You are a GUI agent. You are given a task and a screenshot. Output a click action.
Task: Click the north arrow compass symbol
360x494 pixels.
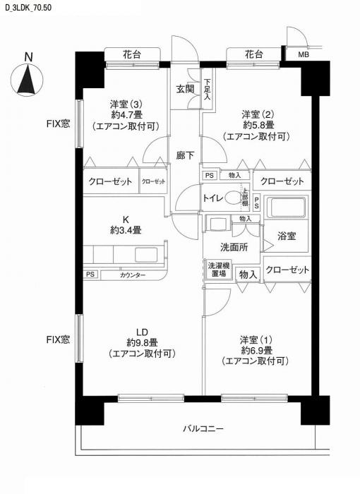(27, 80)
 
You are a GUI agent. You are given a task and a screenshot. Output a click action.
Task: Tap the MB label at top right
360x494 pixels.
(302, 54)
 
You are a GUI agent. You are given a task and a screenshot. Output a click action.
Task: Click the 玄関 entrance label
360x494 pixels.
(185, 89)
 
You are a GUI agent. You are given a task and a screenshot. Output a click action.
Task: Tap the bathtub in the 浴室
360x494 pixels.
(288, 208)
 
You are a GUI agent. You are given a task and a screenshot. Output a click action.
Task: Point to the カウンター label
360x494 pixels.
(132, 275)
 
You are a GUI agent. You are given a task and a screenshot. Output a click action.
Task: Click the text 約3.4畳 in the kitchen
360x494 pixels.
(126, 230)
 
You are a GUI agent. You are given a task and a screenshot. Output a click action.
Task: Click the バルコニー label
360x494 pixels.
(203, 429)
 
